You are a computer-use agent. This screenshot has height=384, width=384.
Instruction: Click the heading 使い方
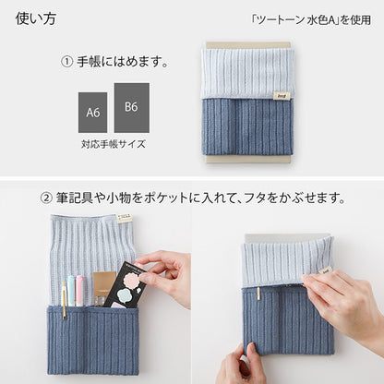tap(36, 18)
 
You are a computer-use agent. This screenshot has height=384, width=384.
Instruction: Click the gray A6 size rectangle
tap(93, 113)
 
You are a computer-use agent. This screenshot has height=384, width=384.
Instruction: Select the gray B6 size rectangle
tap(132, 108)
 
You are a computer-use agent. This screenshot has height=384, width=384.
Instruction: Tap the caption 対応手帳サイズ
tap(114, 144)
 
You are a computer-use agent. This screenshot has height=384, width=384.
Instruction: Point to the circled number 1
tap(66, 62)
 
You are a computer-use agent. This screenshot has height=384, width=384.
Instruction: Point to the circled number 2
tap(46, 198)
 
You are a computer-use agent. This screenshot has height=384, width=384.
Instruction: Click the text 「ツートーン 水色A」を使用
tap(311, 20)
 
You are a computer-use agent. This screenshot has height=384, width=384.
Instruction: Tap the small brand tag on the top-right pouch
tap(279, 96)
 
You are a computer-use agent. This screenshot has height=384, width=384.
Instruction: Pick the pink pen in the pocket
tap(79, 291)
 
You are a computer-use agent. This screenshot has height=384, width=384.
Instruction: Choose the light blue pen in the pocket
tap(71, 291)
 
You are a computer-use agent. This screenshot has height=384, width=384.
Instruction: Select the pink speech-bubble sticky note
tap(131, 280)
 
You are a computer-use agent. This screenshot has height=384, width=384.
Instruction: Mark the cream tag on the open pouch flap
tap(124, 219)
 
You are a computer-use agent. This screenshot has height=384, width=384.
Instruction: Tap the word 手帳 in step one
tap(90, 62)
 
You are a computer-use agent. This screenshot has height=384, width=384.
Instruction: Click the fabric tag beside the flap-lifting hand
tap(325, 270)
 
